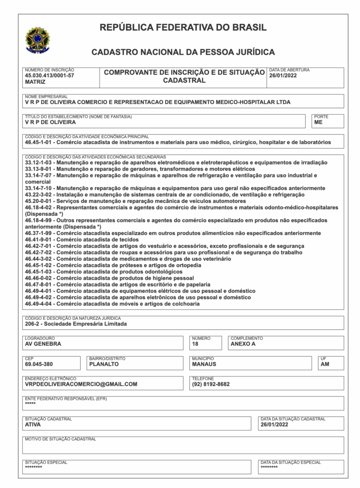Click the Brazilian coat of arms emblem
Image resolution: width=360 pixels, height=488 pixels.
coord(37,40)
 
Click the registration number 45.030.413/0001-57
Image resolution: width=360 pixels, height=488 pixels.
coord(50,75)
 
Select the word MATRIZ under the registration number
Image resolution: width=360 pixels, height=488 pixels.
coord(35,82)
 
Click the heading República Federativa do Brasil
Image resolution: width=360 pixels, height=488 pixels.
coord(183,28)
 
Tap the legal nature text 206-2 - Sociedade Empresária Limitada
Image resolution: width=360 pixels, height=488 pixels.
coord(76,324)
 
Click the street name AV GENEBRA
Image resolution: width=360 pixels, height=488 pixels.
coord(43,344)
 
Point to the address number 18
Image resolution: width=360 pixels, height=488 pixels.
coord(195,344)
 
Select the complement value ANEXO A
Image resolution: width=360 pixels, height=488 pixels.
coord(243,344)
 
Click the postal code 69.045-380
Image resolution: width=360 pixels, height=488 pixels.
coord(40,364)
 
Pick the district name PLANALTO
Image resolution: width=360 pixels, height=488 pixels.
coord(104,364)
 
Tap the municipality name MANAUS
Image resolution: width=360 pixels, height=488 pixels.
coord(204,364)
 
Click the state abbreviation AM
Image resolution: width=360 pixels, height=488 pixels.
coord(325,364)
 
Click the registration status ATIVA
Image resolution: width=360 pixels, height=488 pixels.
coord(33,424)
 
